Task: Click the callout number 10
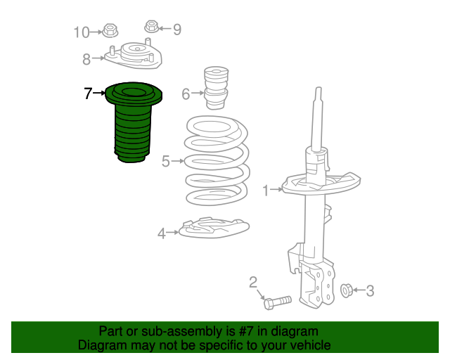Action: (82, 32)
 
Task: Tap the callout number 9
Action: (177, 30)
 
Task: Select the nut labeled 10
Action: (110, 30)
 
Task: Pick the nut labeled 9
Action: (152, 27)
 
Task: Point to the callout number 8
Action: (86, 60)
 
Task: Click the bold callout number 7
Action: (88, 94)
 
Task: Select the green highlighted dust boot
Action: (133, 122)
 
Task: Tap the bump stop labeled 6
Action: (216, 88)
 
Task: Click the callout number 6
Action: (186, 94)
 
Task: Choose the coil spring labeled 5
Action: (217, 161)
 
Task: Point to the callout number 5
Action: (166, 161)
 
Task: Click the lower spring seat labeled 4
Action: (214, 228)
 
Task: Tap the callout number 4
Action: (162, 233)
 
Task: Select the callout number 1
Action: (266, 191)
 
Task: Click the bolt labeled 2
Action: (277, 302)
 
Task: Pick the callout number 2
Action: (253, 283)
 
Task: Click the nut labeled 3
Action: (347, 290)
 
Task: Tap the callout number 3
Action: (371, 291)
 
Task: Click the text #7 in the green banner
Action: (246, 332)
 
